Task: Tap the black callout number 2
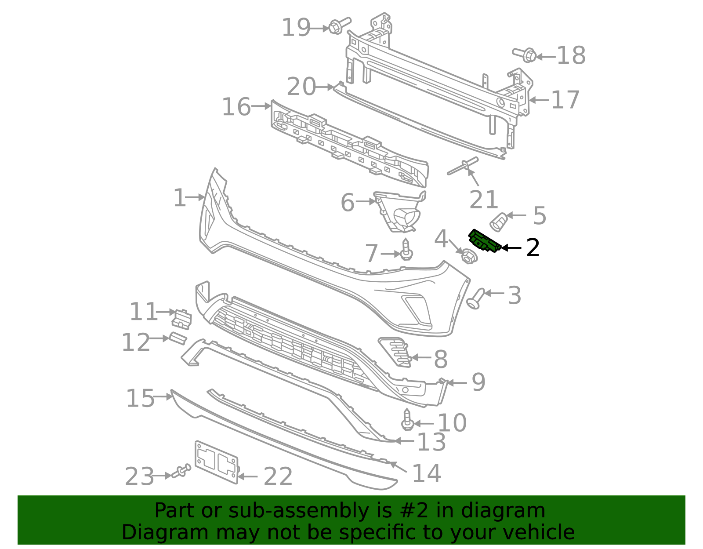533,248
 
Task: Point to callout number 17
565,100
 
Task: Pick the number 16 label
236,107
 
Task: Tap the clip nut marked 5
498,222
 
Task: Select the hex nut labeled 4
469,256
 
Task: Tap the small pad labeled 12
178,338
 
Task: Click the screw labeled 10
407,420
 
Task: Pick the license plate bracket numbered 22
216,462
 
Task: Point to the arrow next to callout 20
325,87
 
